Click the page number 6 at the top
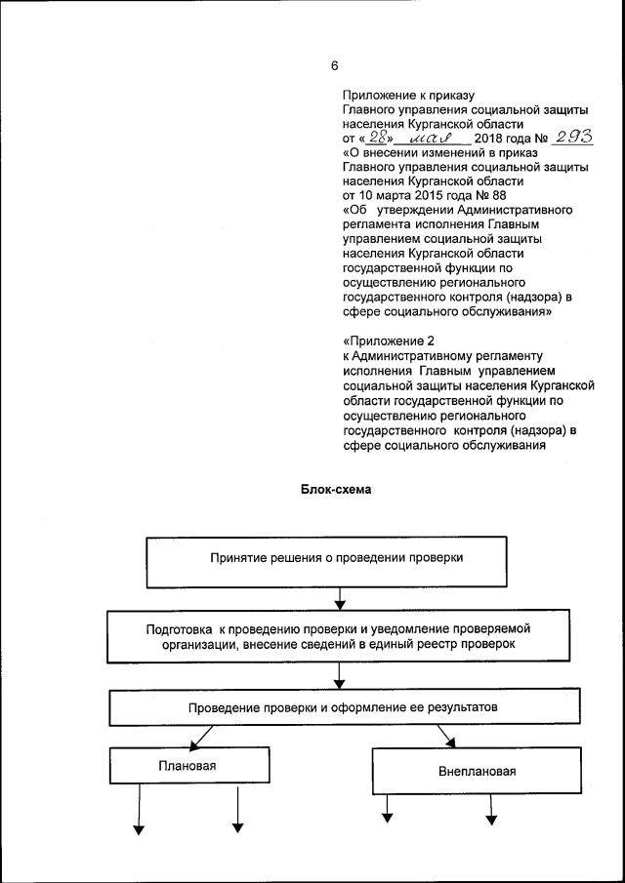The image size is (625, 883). coord(334,66)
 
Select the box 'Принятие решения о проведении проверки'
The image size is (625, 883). coord(337,559)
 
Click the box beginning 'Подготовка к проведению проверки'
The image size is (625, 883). coord(337,636)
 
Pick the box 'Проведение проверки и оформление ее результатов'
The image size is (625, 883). coord(337,706)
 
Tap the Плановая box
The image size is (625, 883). coord(187,766)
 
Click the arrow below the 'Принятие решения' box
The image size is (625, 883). coord(338,596)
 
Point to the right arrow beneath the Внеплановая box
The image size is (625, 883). coord(492,805)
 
